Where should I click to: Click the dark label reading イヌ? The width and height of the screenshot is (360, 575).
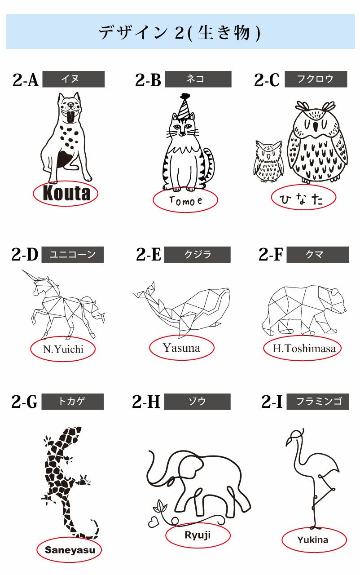tap(73, 79)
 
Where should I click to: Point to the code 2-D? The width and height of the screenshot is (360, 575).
tap(25, 255)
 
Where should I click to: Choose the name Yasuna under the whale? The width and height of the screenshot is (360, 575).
tap(181, 348)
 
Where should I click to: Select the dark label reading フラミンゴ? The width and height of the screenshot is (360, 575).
tap(317, 402)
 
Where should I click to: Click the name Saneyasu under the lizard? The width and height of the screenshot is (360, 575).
tap(68, 549)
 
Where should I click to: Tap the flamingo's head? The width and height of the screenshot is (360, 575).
tap(296, 434)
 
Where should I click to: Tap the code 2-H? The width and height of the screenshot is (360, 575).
tap(146, 402)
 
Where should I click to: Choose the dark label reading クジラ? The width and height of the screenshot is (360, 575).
tap(197, 255)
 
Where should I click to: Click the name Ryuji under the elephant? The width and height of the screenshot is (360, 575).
tap(198, 535)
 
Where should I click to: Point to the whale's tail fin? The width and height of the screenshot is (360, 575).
tap(145, 292)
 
